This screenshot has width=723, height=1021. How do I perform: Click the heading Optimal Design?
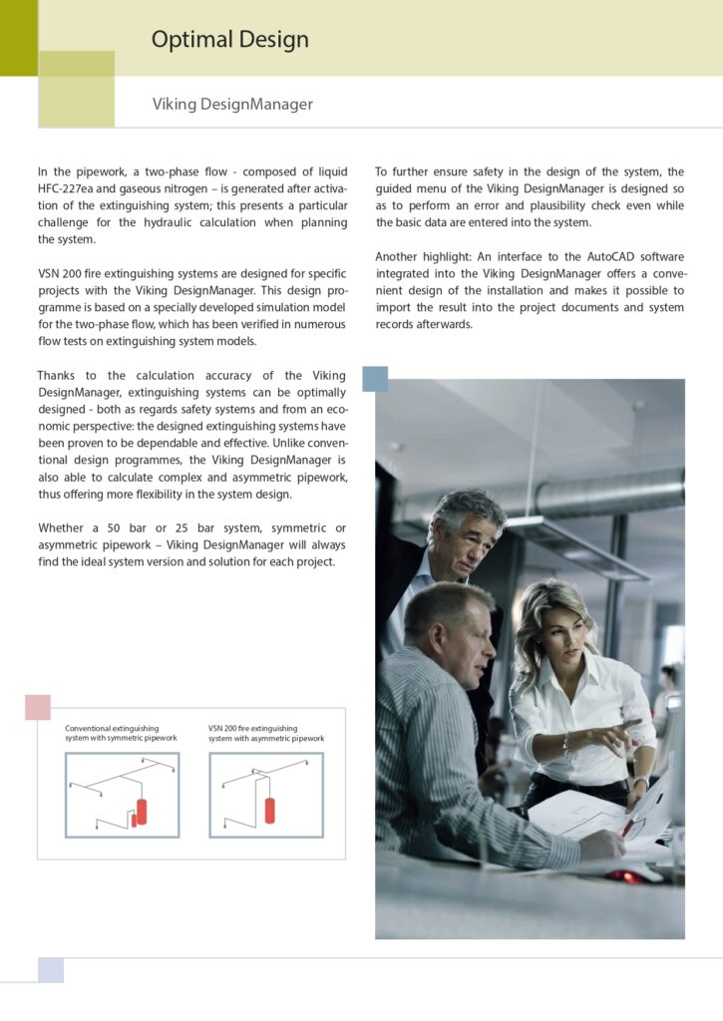tap(229, 40)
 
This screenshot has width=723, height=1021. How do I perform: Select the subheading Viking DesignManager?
tap(232, 104)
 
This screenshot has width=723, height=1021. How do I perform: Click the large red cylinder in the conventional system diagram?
tap(141, 810)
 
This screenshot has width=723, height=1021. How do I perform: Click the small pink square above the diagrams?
tap(38, 707)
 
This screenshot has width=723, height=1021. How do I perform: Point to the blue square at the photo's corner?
tap(375, 379)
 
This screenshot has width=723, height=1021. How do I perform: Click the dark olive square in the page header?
tap(18, 38)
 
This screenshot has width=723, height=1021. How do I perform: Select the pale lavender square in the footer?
tap(51, 969)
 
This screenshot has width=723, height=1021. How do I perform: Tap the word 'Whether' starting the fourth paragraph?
tap(64, 527)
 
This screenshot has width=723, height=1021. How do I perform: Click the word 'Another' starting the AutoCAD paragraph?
tap(401, 256)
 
